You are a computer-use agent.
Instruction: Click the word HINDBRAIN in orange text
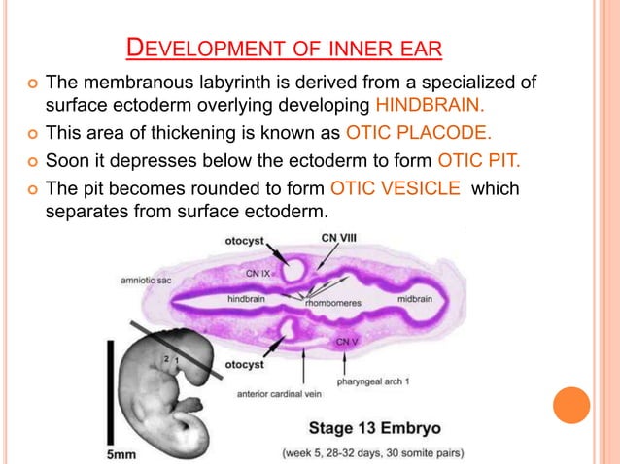(430, 105)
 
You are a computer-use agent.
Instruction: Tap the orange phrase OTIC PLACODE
(418, 133)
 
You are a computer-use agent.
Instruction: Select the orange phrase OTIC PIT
(479, 160)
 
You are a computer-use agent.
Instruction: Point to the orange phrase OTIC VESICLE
(395, 188)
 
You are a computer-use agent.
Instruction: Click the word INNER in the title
(357, 49)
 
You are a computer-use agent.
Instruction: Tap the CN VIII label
(338, 238)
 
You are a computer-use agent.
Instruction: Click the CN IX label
(258, 274)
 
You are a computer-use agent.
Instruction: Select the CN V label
(347, 342)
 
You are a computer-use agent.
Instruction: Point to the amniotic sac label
(146, 281)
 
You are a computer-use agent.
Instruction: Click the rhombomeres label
(333, 303)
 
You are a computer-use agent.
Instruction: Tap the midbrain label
(415, 299)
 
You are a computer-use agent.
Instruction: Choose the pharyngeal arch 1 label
(373, 381)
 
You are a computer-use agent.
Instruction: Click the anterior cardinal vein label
(279, 394)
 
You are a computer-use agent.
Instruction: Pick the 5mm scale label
(121, 454)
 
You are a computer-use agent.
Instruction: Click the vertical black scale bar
(111, 392)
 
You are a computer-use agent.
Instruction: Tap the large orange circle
(571, 405)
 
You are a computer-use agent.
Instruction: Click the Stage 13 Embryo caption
(374, 428)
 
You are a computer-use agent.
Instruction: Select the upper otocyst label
(244, 241)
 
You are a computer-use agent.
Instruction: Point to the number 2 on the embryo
(166, 359)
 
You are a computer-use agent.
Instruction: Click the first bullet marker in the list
(32, 83)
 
